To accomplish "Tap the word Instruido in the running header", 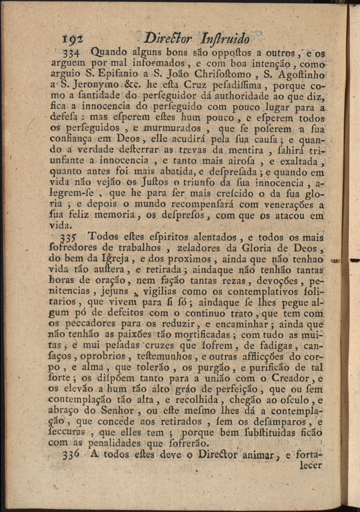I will (x=224, y=39).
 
